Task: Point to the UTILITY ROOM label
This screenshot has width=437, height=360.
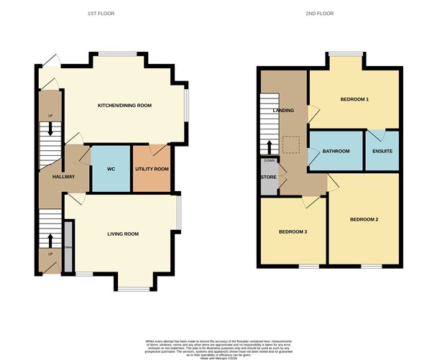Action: click(152, 169)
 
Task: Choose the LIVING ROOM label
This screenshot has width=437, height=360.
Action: click(123, 234)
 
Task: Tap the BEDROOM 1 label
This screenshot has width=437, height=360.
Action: click(354, 99)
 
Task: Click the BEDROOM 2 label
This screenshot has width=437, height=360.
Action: click(364, 218)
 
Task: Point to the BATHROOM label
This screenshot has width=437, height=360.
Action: click(336, 151)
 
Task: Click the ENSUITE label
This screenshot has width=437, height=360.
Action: click(382, 151)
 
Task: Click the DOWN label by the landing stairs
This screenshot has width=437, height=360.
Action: click(268, 160)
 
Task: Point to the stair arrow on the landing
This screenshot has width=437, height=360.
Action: click(270, 147)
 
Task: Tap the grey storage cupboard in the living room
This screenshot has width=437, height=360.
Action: click(69, 246)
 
